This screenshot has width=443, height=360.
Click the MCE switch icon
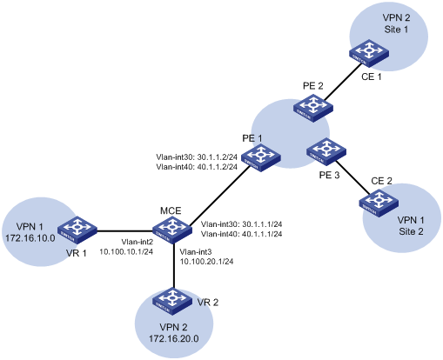[x=172, y=229]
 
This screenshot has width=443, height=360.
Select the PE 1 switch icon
[x=261, y=157]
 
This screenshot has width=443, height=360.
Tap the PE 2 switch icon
[x=313, y=108]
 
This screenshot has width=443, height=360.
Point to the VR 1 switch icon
[x=77, y=230]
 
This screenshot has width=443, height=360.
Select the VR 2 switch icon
[x=172, y=302]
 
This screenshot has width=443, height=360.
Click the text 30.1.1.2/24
[x=218, y=157]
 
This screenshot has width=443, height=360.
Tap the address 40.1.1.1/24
[x=262, y=234]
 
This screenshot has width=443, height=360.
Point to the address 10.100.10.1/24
[x=126, y=251]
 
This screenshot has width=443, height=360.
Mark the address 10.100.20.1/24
[x=206, y=262]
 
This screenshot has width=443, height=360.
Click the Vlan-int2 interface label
[x=138, y=242]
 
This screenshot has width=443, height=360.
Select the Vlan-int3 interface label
[x=196, y=251]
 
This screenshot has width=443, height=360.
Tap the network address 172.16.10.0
[x=30, y=238]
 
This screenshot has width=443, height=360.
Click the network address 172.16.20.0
[x=174, y=338]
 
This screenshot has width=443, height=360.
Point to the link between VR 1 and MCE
[x=124, y=231]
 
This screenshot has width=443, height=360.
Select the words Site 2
[x=411, y=231]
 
